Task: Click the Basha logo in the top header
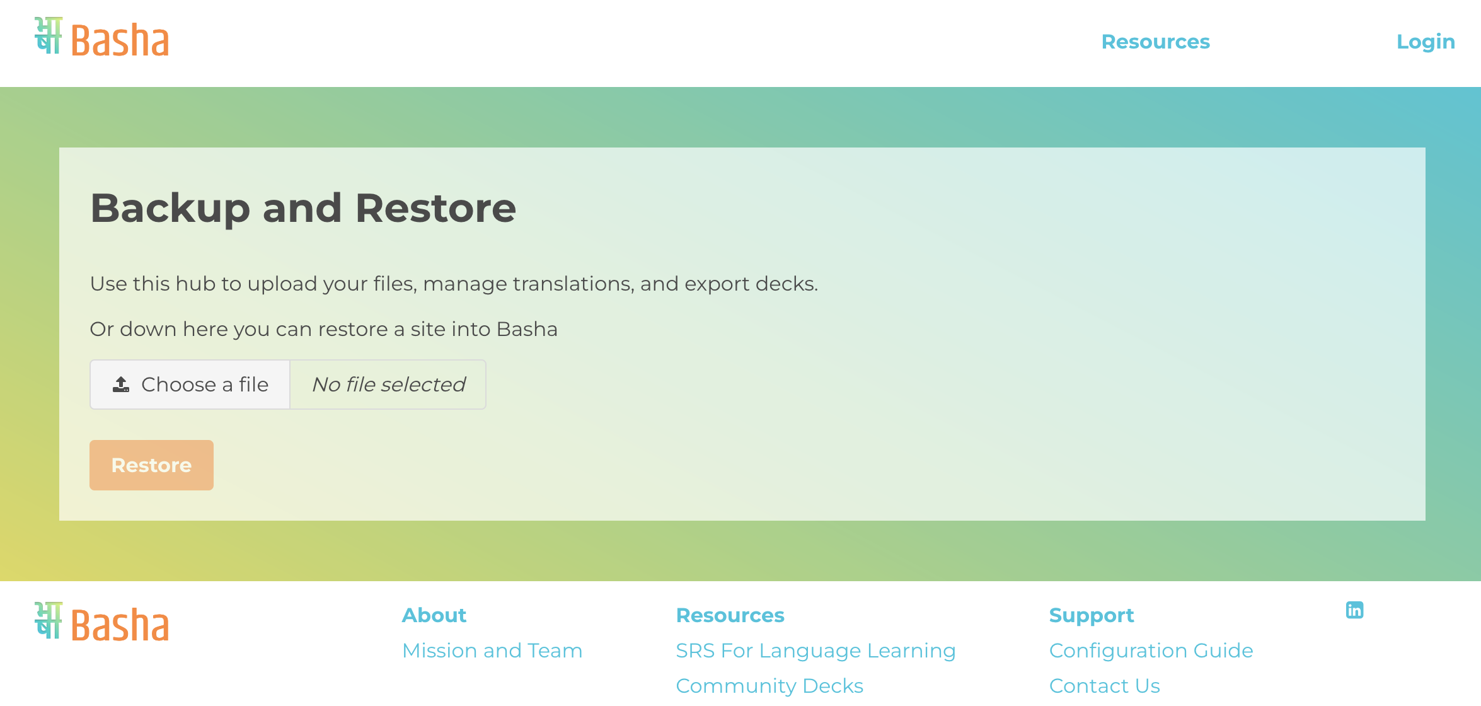coord(102,37)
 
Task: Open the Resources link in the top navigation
coord(1155,42)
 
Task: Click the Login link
coord(1426,42)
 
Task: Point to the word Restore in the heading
coord(435,208)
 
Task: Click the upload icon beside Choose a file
coord(121,385)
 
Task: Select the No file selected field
coord(388,385)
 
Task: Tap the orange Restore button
coord(151,465)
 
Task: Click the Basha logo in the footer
coord(102,622)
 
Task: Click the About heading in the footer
coord(434,615)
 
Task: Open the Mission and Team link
coord(492,651)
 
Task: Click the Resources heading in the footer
coord(730,615)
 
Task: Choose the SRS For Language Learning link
coord(815,651)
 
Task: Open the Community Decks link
coord(769,686)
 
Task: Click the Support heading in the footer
coord(1092,616)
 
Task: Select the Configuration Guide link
coord(1151,651)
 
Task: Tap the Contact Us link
coord(1104,686)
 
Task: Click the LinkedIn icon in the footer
coord(1354,610)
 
